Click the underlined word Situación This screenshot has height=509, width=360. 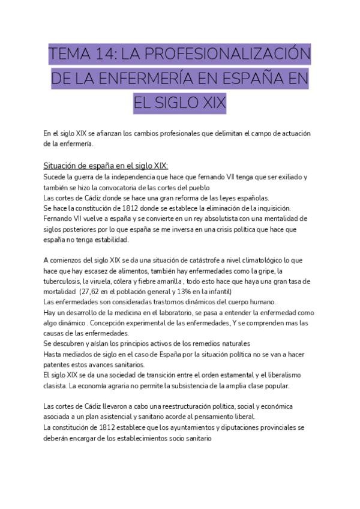(x=64, y=166)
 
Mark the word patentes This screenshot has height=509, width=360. (x=59, y=364)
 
